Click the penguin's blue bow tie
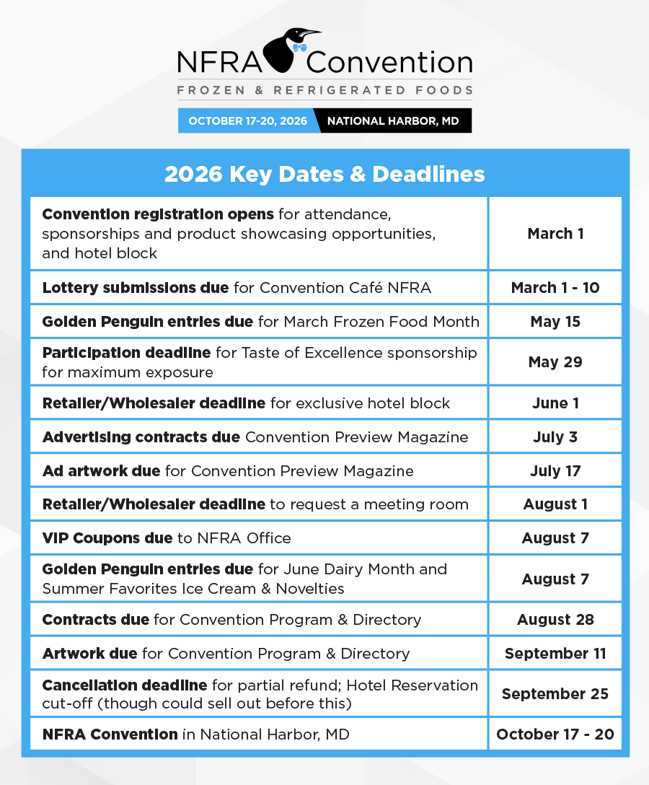[x=299, y=47]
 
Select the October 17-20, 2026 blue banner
[x=248, y=121]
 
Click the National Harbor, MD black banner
[x=393, y=121]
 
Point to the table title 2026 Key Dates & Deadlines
[x=324, y=175]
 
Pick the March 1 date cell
[x=555, y=234]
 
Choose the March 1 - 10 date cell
[x=555, y=288]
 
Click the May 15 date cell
[x=555, y=322]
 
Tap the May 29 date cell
[x=555, y=362]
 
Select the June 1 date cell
[x=555, y=403]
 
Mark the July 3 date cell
[x=555, y=437]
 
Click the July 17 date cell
[x=555, y=471]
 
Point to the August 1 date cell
[x=555, y=504]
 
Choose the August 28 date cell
[x=555, y=620]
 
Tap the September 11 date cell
[x=555, y=654]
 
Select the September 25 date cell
[x=555, y=694]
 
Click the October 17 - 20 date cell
[x=555, y=734]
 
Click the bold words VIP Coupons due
[x=107, y=538]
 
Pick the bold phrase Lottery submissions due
[x=136, y=288]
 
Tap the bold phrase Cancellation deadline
[x=125, y=685]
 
